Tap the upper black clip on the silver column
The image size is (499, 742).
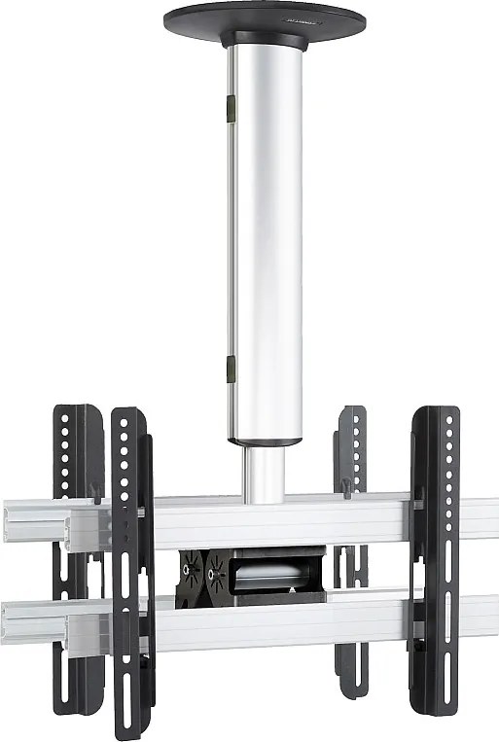[x=231, y=107]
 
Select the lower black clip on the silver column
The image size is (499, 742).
[x=231, y=370]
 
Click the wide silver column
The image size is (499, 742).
[x=265, y=243]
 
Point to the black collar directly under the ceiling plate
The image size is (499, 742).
[x=265, y=41]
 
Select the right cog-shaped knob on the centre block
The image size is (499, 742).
[x=216, y=574]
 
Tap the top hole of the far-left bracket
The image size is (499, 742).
[x=66, y=418]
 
